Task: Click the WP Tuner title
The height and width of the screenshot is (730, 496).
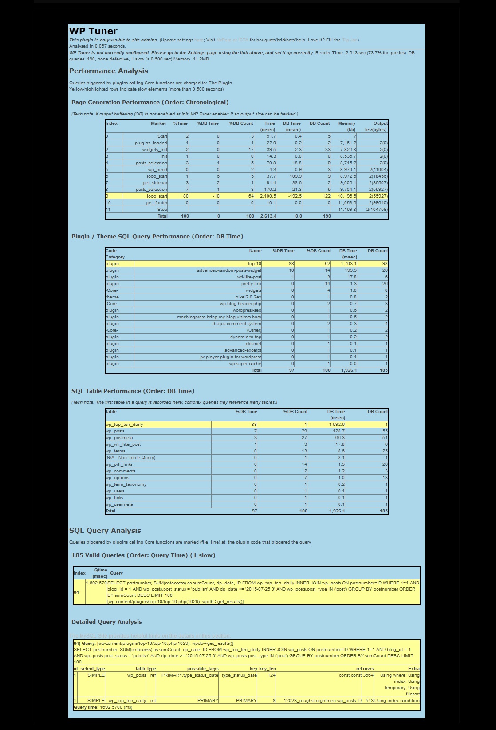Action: point(93,31)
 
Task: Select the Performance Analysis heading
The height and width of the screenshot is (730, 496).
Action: point(109,71)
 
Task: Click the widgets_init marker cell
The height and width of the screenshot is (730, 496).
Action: point(155,150)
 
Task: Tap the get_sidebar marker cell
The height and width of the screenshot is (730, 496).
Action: point(155,183)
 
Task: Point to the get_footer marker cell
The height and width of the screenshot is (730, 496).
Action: point(156,203)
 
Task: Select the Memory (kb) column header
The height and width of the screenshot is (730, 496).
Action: point(346,126)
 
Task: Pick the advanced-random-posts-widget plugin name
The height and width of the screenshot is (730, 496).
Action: point(229,270)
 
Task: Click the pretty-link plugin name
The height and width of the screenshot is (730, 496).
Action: point(251,284)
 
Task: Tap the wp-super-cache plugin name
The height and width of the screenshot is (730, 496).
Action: point(245,364)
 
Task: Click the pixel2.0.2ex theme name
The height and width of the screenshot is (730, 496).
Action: point(248,297)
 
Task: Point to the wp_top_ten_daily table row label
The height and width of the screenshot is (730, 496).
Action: point(124,425)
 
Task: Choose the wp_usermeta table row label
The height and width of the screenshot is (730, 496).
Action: point(119,504)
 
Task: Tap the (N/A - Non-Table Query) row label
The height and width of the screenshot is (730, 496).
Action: point(130,458)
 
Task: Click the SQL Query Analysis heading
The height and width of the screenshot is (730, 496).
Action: point(105,531)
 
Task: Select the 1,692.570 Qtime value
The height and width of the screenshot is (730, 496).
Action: point(96,583)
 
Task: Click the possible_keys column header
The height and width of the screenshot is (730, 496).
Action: point(203,669)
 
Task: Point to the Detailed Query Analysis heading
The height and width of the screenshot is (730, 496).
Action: point(106,622)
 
